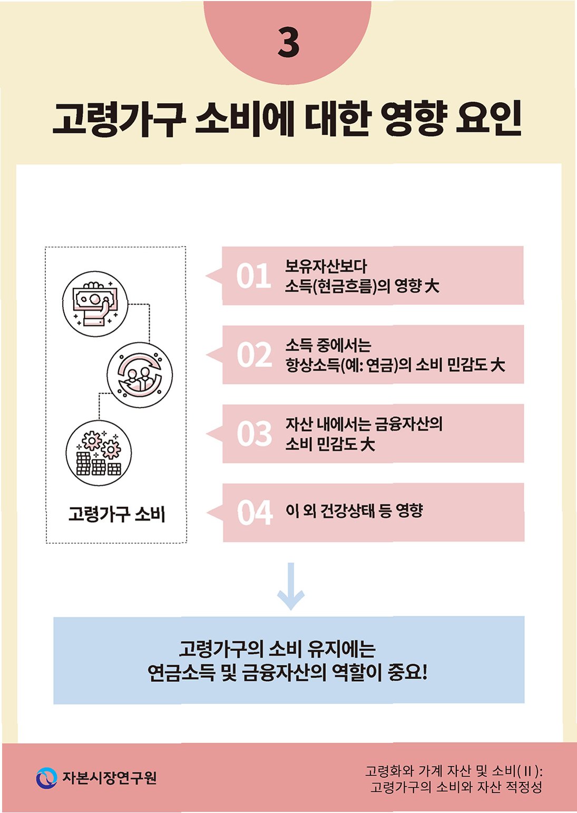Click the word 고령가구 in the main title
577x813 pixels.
pos(119,119)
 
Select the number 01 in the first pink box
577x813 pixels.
pos(253,276)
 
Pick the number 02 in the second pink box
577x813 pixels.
pos(254,355)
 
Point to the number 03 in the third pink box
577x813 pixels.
pos(254,434)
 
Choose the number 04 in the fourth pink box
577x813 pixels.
pos(255,512)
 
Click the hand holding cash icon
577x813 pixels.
pos(95,304)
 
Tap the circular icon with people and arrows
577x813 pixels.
pos(139,375)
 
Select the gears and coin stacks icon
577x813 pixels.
pos(99,453)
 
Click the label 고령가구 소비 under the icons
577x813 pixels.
pos(116,513)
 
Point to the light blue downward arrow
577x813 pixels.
pos(291,586)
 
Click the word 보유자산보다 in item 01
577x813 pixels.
pos(326,266)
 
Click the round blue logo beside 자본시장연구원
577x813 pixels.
pos(46,778)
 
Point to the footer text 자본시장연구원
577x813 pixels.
pos(110,778)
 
